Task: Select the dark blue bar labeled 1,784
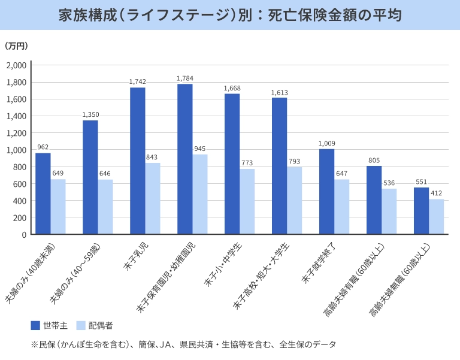[184, 159]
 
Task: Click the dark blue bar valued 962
[43, 193]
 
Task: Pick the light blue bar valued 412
[437, 216]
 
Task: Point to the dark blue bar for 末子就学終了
[326, 192]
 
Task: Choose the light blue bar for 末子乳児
[153, 198]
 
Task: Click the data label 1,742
[138, 81]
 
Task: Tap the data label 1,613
[280, 92]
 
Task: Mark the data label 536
[389, 183]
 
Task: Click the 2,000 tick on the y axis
[16, 65]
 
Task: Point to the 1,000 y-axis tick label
[16, 150]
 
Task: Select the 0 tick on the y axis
[24, 235]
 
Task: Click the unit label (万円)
[16, 46]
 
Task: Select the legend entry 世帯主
[49, 325]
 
